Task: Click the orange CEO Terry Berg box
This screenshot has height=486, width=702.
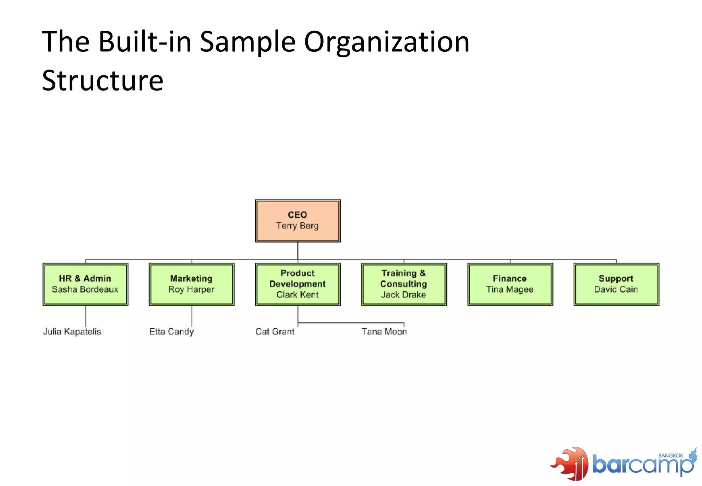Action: [298, 221]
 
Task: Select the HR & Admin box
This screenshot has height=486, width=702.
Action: [85, 284]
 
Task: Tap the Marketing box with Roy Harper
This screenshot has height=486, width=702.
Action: [192, 284]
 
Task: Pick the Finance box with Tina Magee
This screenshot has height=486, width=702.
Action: [510, 284]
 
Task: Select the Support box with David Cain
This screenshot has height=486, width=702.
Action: [616, 284]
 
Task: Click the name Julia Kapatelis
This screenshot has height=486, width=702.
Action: [72, 332]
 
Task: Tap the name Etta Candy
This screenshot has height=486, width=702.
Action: [171, 332]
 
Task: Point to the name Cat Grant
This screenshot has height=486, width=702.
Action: [275, 332]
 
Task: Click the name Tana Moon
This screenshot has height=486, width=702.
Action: [384, 332]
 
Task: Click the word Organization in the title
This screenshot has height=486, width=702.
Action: [387, 42]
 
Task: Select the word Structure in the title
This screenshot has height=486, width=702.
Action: [102, 81]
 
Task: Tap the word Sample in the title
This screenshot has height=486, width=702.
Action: [247, 42]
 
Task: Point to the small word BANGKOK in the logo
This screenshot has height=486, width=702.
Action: [670, 455]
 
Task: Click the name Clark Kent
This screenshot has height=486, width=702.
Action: [298, 295]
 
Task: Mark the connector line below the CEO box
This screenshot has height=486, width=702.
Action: [298, 251]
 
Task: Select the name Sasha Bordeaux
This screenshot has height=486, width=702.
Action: [85, 290]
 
